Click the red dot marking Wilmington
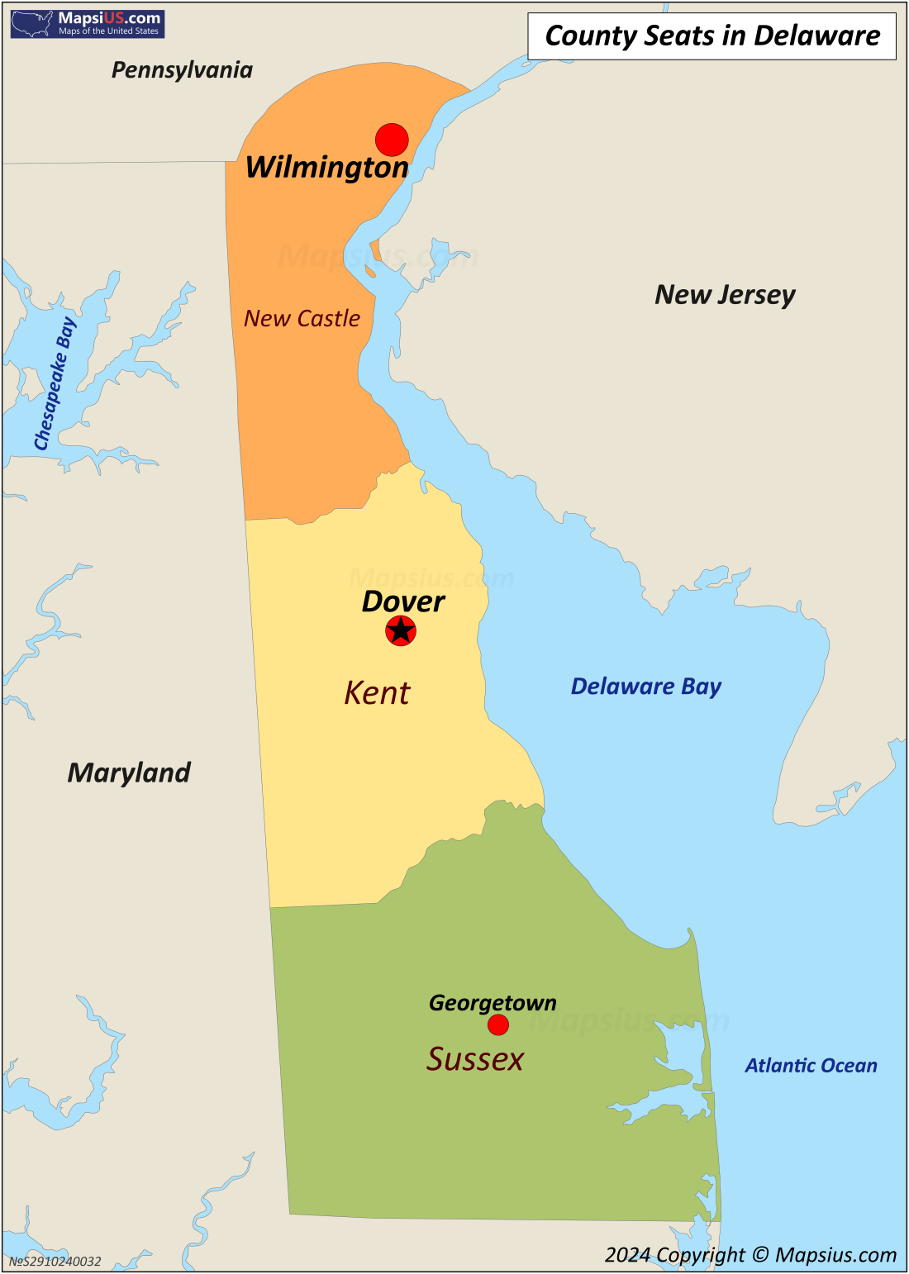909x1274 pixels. click(392, 140)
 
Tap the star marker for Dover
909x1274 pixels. click(401, 631)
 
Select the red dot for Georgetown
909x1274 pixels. click(498, 1024)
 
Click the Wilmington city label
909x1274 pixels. click(327, 168)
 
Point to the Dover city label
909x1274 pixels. click(403, 601)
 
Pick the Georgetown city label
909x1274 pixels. click(493, 1003)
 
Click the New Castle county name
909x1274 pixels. click(302, 318)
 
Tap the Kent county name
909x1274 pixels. click(377, 693)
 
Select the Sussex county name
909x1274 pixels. click(475, 1059)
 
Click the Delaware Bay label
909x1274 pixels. click(646, 687)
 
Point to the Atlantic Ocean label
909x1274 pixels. click(811, 1066)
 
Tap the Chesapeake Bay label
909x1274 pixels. click(55, 384)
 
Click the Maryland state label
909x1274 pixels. click(129, 772)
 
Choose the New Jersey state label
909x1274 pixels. click(725, 295)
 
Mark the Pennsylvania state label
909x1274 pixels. click(182, 70)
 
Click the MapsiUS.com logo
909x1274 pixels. click(88, 24)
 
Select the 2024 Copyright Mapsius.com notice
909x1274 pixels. click(750, 1255)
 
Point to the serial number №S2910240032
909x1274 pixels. click(55, 1262)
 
